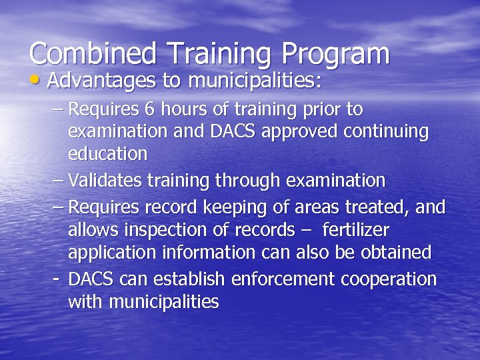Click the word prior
[x=319, y=109]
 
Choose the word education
[x=107, y=154]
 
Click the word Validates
[x=105, y=180]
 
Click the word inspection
[x=167, y=231]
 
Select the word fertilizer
[x=355, y=230]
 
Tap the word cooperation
[x=389, y=279]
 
